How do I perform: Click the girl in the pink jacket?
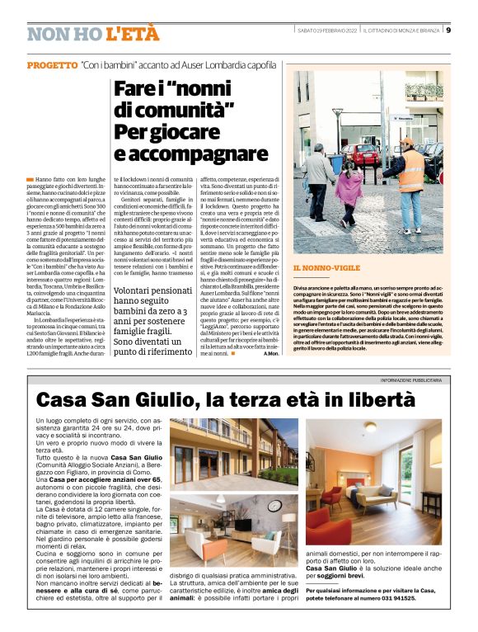coord(349,195)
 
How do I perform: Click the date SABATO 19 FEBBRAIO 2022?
coord(328,31)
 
